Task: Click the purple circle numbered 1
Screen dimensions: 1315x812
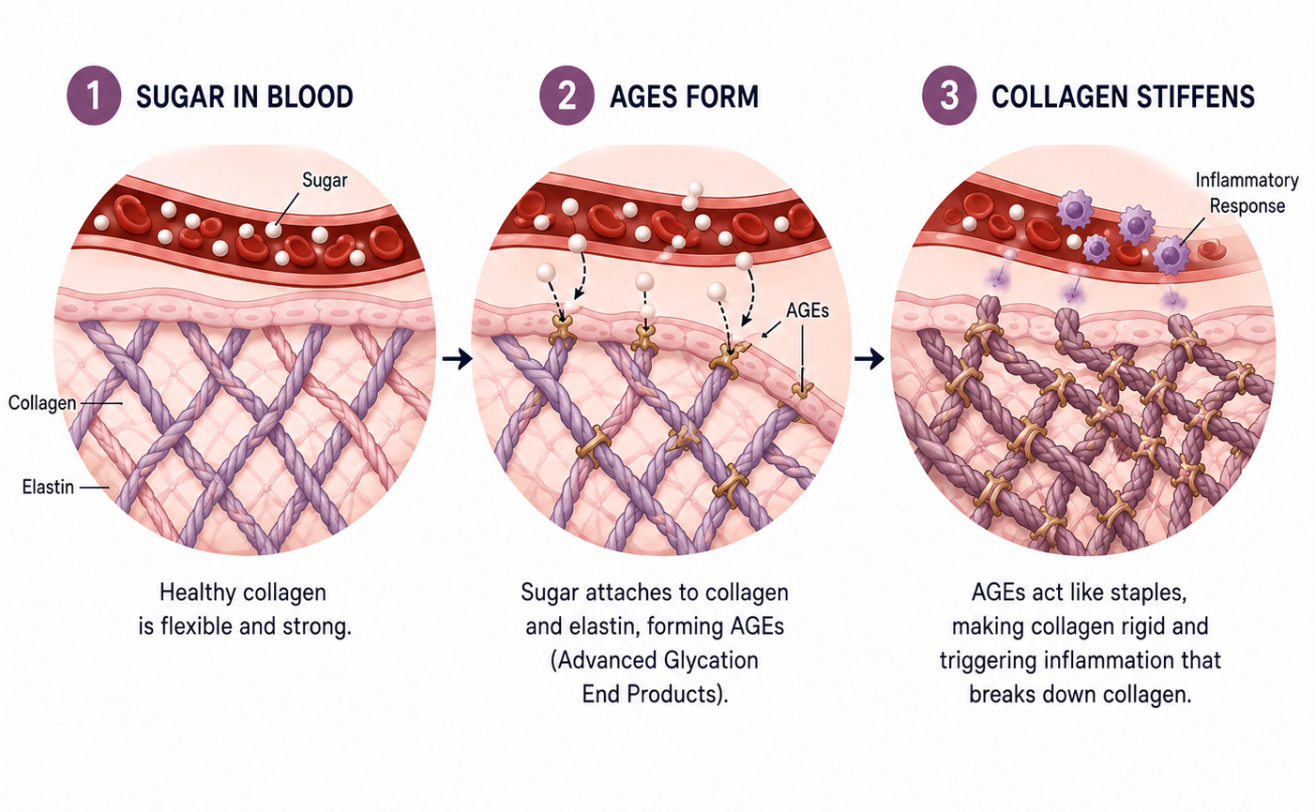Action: [94, 96]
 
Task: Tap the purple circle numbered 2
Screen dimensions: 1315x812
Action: [567, 96]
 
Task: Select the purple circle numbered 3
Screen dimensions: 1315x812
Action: [949, 96]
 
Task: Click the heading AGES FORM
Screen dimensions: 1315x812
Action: [685, 97]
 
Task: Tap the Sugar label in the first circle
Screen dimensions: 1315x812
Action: [325, 180]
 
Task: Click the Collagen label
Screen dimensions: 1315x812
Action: [42, 403]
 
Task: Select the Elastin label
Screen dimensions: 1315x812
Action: [48, 487]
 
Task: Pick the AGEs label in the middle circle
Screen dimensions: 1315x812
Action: [808, 310]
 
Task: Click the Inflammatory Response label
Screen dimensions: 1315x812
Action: [1247, 193]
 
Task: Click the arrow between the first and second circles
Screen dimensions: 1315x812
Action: [457, 358]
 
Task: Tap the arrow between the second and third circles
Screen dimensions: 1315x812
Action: [869, 358]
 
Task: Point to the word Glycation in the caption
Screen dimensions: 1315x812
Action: [709, 661]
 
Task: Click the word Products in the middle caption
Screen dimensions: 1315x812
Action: [677, 695]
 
